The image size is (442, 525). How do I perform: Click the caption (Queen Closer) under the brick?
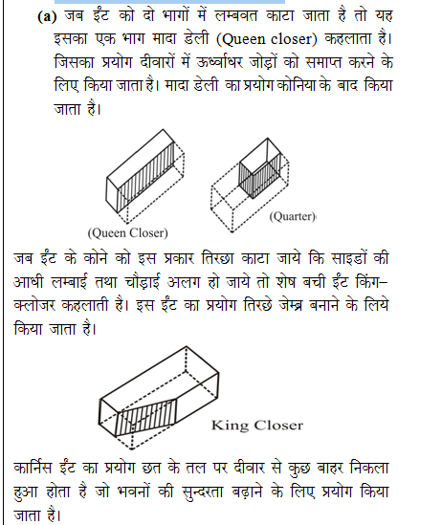[x=128, y=232]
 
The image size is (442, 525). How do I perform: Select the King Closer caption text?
[x=256, y=426]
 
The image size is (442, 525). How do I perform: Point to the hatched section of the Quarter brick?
[x=257, y=175]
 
